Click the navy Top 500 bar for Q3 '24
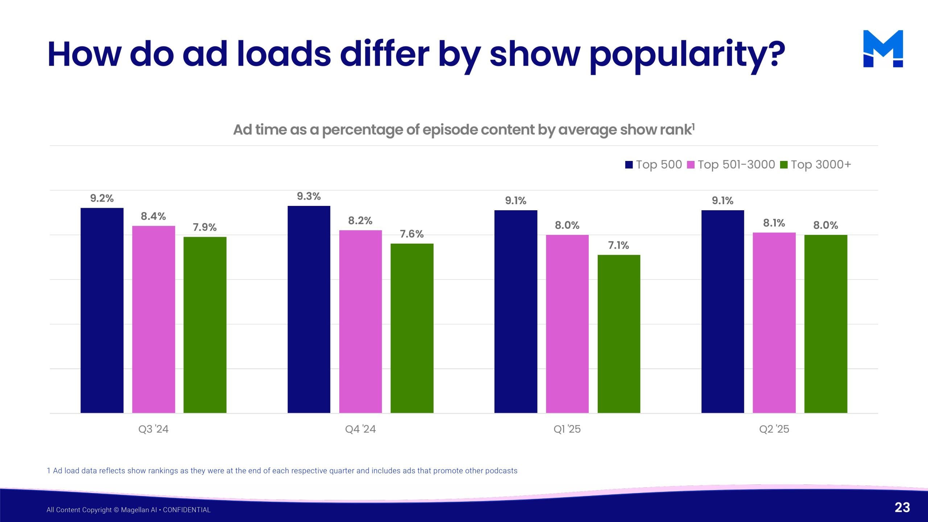(102, 310)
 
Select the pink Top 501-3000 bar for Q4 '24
(360, 322)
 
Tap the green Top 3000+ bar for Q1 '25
(619, 334)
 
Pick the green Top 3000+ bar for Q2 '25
(826, 324)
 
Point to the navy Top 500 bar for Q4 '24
(309, 309)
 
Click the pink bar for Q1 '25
(567, 324)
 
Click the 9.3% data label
(309, 196)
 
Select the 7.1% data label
(618, 245)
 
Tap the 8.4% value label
(153, 216)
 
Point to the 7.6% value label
(412, 234)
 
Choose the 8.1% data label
(774, 223)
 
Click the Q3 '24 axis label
(153, 429)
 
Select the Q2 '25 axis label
(774, 429)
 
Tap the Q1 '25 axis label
(567, 429)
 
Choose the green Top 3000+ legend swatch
(784, 165)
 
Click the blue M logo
(883, 49)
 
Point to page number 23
(902, 507)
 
